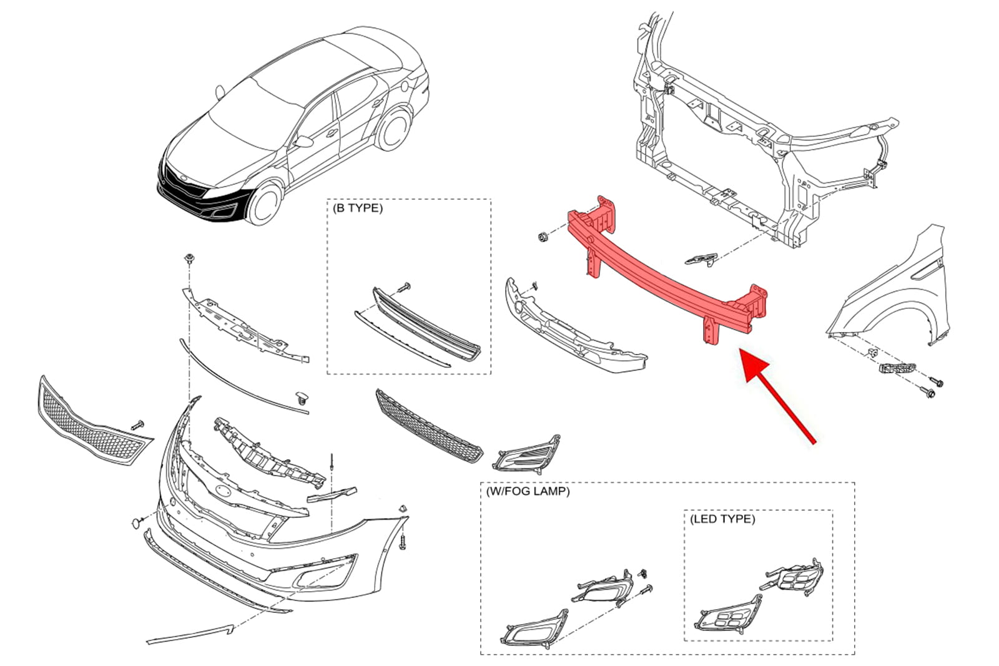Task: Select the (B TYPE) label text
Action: coord(358,208)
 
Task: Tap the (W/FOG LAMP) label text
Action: coord(528,491)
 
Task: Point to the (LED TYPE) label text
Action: coord(722,519)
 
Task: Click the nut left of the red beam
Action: coord(543,237)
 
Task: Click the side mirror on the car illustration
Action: coord(304,142)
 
